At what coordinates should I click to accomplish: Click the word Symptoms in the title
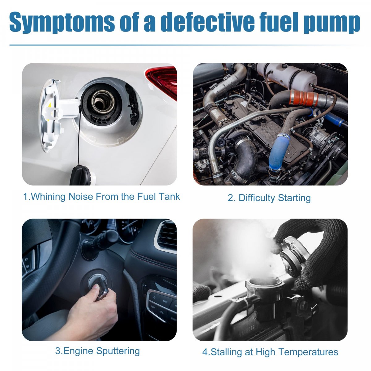[62, 22]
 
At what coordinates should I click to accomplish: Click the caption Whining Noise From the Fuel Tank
[101, 197]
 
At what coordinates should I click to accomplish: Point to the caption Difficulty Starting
[269, 198]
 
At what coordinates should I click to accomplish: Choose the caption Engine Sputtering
[97, 351]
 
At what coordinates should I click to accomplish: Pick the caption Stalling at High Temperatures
[270, 352]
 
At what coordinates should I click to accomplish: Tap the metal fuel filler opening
[103, 101]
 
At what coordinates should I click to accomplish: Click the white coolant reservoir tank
[287, 76]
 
